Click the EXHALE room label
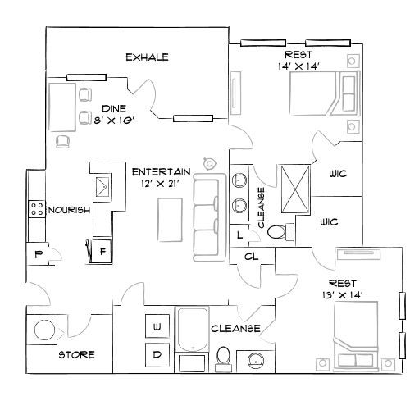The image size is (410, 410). coord(147,57)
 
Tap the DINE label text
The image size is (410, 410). coord(113,107)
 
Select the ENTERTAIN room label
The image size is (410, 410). coord(162,171)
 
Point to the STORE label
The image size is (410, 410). coord(76,355)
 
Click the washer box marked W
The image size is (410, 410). coord(156,326)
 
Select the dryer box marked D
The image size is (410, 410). coord(156,354)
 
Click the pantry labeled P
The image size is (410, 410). coord(37,254)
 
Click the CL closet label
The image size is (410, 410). coord(252,256)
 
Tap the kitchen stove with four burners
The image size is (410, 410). coord(36,209)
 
